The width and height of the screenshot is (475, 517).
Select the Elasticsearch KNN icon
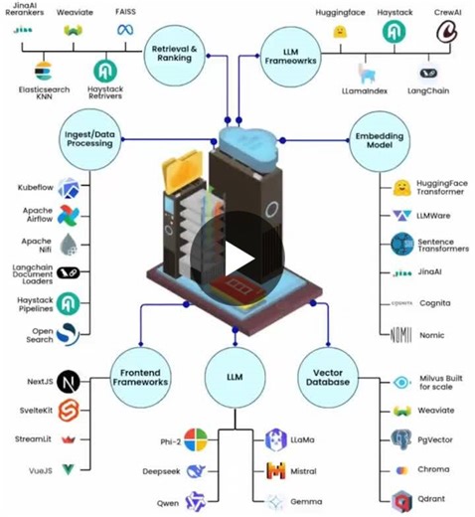pos(42,72)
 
